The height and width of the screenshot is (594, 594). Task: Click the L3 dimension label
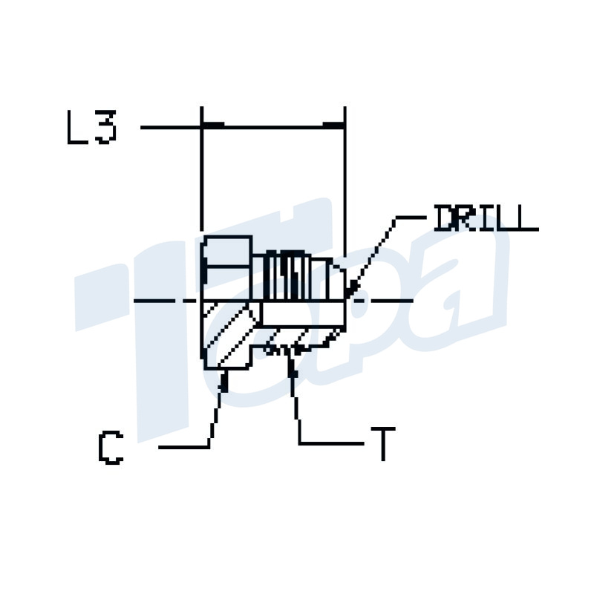[91, 128]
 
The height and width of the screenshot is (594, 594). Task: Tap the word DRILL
[485, 219]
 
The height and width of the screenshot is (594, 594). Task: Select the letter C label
[110, 447]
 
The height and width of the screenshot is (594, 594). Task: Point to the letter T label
[382, 444]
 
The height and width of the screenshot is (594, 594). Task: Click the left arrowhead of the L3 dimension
[212, 126]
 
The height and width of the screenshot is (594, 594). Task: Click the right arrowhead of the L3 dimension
[335, 126]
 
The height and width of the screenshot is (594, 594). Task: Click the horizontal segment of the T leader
[330, 443]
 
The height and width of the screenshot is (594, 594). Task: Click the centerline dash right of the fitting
[386, 300]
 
